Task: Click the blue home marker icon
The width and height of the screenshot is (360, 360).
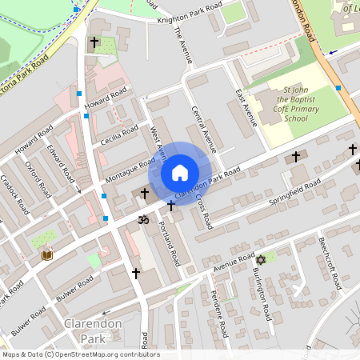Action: pyautogui.click(x=180, y=172)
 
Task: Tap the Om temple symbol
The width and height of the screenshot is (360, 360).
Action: pyautogui.click(x=145, y=218)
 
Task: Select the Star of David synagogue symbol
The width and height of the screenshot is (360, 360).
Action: pyautogui.click(x=259, y=260)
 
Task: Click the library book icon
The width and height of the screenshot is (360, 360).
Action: pyautogui.click(x=47, y=254)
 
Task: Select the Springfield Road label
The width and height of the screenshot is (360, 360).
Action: pyautogui.click(x=295, y=191)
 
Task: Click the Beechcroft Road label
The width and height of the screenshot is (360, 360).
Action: pyautogui.click(x=330, y=263)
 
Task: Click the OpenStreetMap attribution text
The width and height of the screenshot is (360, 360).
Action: pyautogui.click(x=80, y=354)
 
